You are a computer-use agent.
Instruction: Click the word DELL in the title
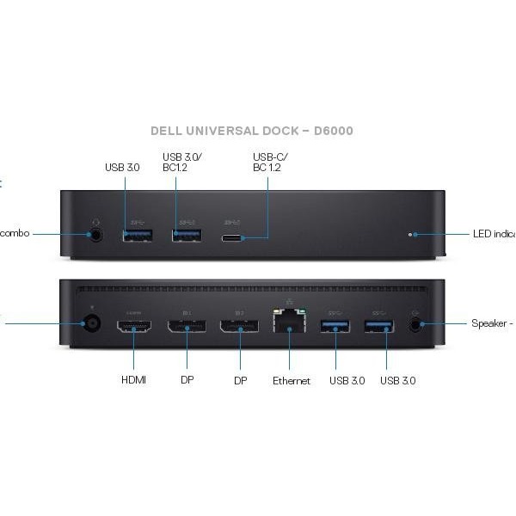(167, 131)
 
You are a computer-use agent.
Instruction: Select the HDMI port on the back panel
(134, 326)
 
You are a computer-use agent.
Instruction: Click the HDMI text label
(134, 380)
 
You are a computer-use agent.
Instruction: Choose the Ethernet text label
(292, 380)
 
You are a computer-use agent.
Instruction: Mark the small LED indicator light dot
(414, 233)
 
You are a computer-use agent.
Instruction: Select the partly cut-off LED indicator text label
(494, 233)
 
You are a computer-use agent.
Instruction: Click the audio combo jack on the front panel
(96, 233)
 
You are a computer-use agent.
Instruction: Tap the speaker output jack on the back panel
(417, 325)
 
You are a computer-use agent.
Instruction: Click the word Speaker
(489, 323)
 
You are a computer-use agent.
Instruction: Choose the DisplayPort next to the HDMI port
(187, 326)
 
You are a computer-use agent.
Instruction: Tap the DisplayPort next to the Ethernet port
(238, 326)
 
